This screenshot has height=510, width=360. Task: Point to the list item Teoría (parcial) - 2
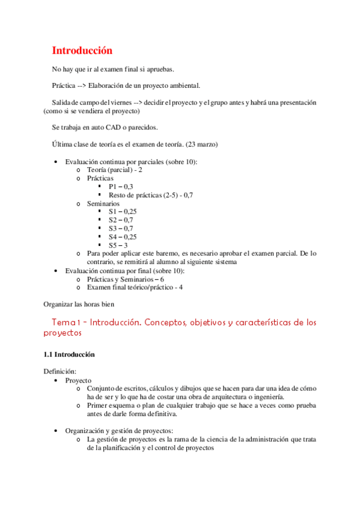coord(114,170)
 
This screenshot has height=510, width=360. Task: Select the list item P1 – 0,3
coord(121,187)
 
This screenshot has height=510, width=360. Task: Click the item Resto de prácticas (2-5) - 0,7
coord(150,195)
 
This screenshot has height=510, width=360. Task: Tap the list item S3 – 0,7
coord(121,229)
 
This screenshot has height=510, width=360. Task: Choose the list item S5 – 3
coord(118,245)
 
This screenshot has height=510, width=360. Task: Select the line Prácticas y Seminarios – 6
coord(126,279)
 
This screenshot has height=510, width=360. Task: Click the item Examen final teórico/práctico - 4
coord(135,287)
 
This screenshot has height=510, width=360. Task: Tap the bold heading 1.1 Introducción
coord(69,355)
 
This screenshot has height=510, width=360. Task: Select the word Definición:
coord(60,372)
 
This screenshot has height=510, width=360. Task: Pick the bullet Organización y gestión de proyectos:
coord(119,431)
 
